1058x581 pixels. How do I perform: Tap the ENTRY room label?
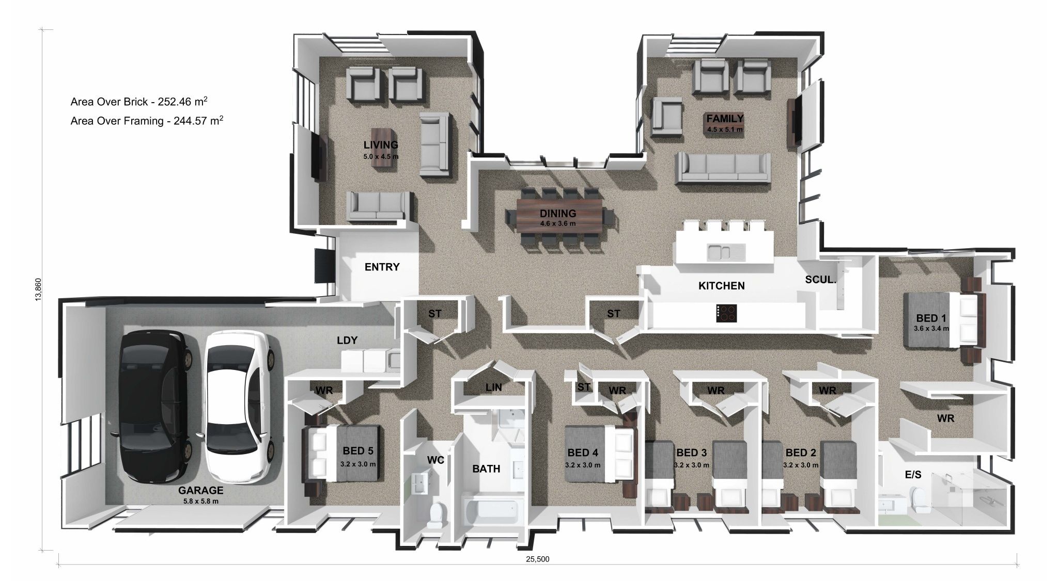[382, 267]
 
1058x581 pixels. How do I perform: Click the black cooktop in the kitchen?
[726, 313]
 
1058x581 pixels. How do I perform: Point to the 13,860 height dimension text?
[38, 290]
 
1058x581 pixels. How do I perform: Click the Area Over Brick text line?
[139, 102]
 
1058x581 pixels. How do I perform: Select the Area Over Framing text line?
[147, 121]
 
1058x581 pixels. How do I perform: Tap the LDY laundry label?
[347, 340]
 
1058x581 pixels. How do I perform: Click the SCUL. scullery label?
[820, 280]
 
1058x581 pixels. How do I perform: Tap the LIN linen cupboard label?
[493, 387]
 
